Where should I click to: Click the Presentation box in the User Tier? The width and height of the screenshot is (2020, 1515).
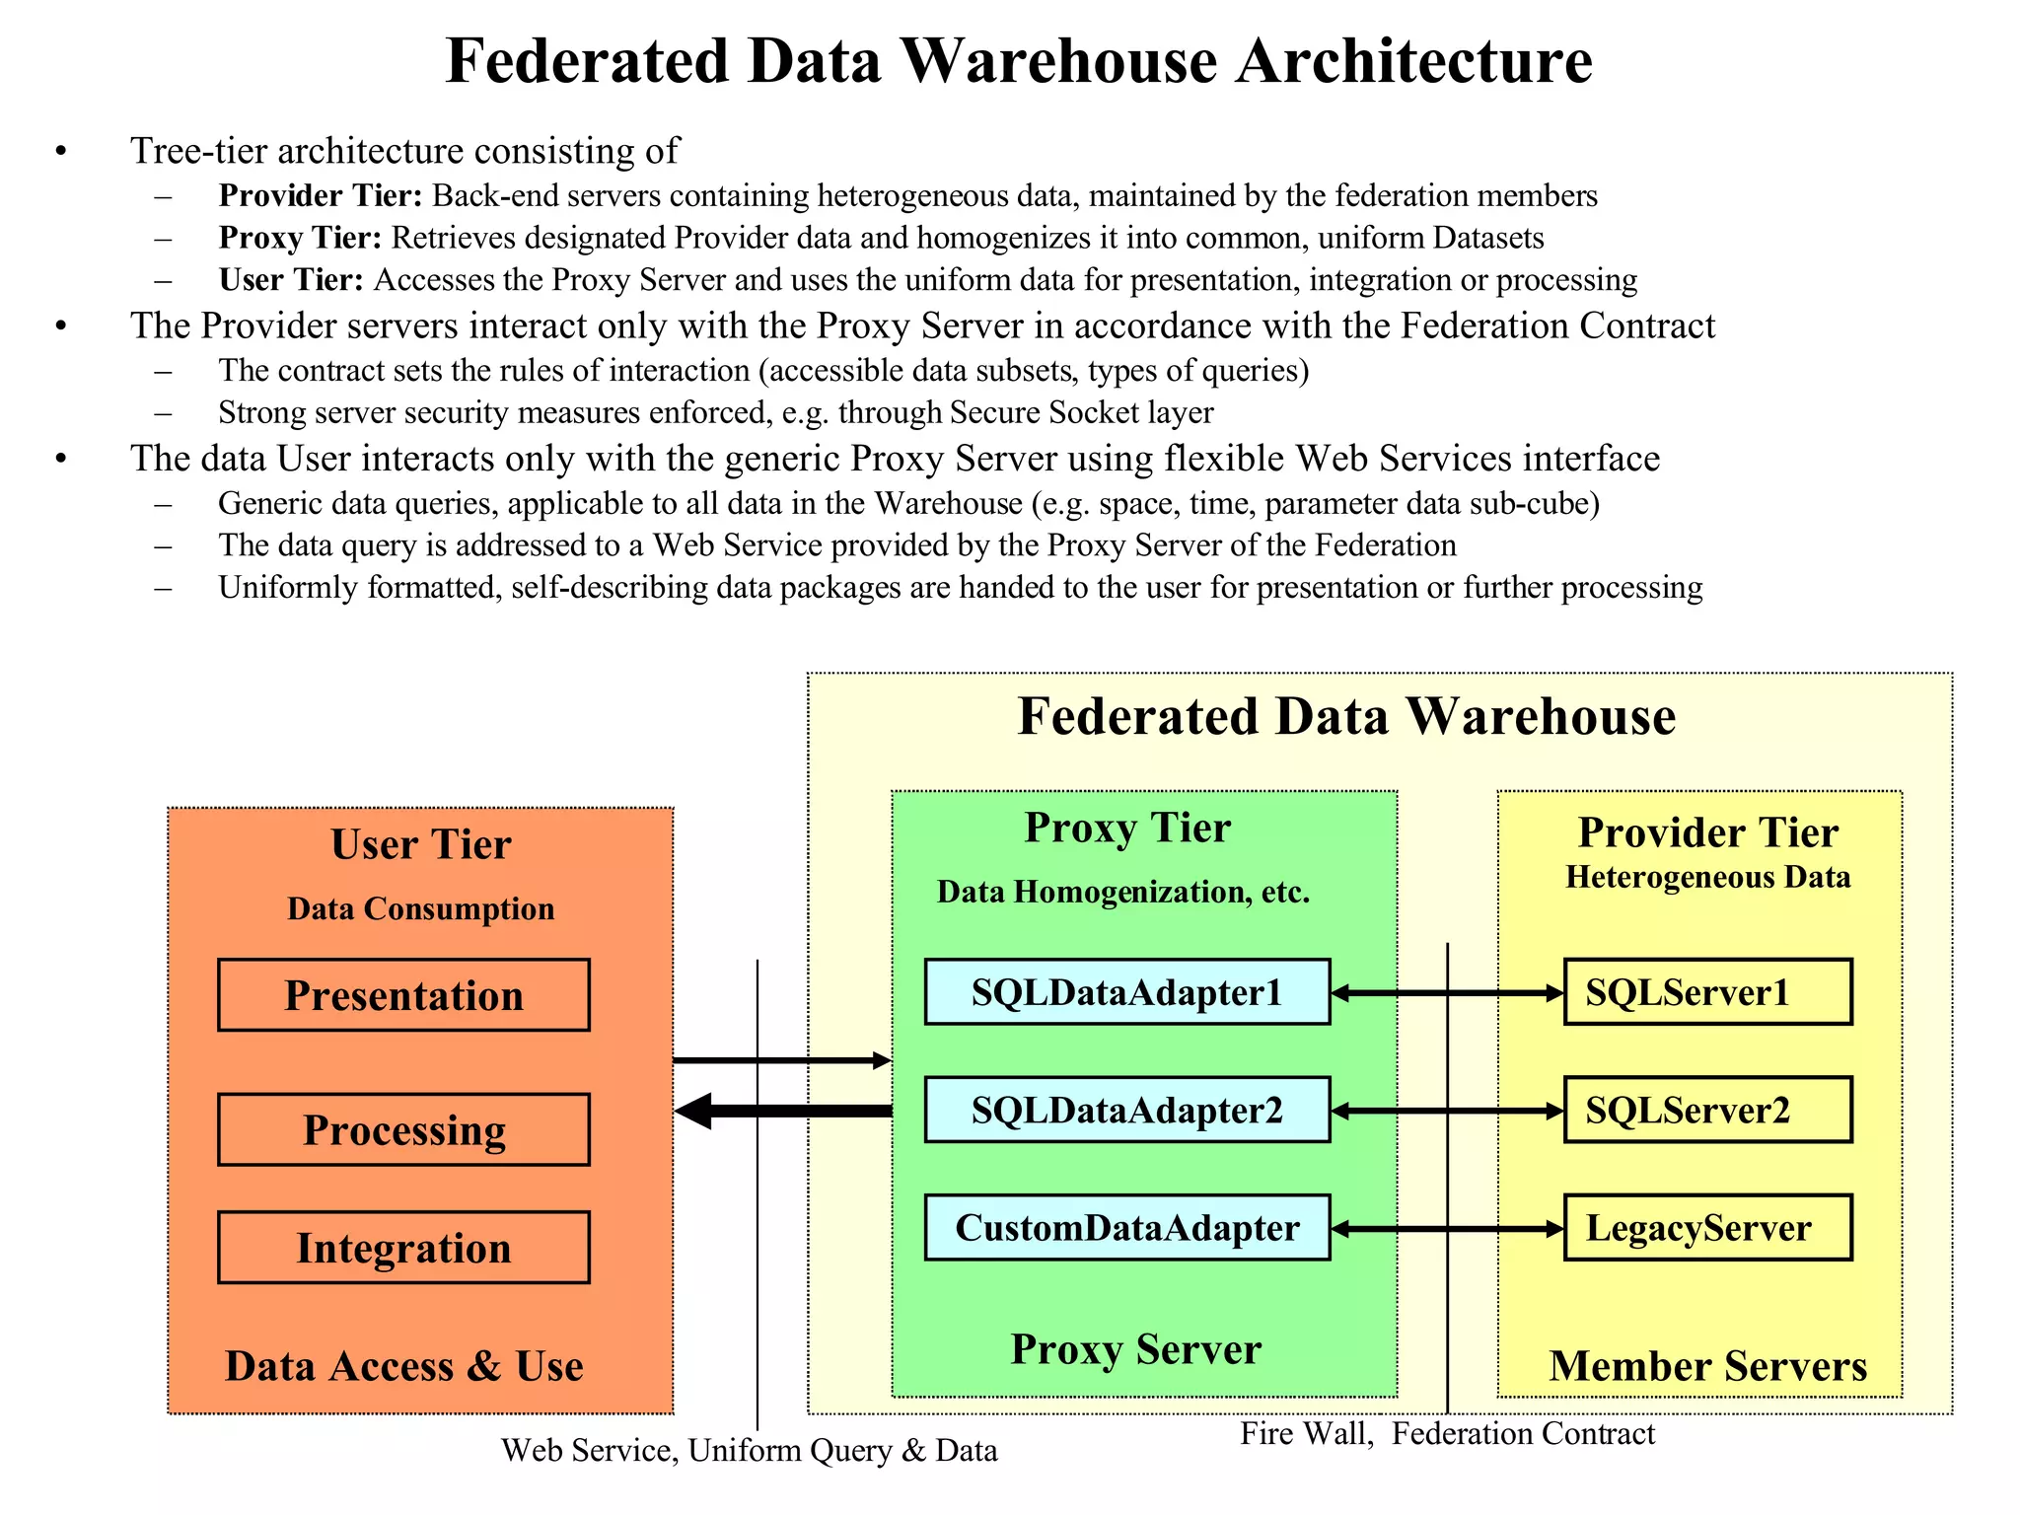(403, 995)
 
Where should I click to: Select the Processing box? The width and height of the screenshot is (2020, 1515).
(403, 1129)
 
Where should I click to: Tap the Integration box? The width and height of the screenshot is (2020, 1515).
(403, 1248)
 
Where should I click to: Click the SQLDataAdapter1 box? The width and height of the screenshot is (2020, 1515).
(1126, 992)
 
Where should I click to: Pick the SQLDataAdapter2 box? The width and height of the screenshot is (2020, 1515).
(1126, 1111)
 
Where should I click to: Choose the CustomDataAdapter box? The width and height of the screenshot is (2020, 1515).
(1126, 1228)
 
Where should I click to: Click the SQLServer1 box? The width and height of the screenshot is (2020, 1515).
(1707, 992)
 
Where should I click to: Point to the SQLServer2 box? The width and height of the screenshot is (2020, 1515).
(1707, 1111)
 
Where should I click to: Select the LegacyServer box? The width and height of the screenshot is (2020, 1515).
(1707, 1228)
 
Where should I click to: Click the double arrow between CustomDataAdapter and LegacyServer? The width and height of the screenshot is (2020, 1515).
(1447, 1229)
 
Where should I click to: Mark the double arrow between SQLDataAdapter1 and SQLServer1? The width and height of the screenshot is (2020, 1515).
(1447, 993)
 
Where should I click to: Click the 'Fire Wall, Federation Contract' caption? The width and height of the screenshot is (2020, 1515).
(1447, 1433)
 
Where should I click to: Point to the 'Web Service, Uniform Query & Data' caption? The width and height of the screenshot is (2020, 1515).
(749, 1450)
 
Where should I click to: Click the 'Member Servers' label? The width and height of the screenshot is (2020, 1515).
(1707, 1366)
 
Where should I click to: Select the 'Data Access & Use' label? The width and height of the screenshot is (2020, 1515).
(403, 1366)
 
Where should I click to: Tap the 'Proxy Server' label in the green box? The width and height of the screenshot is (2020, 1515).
(1135, 1349)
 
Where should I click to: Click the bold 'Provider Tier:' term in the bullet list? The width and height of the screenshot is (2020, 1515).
(321, 195)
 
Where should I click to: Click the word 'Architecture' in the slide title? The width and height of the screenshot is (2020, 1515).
(1413, 61)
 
